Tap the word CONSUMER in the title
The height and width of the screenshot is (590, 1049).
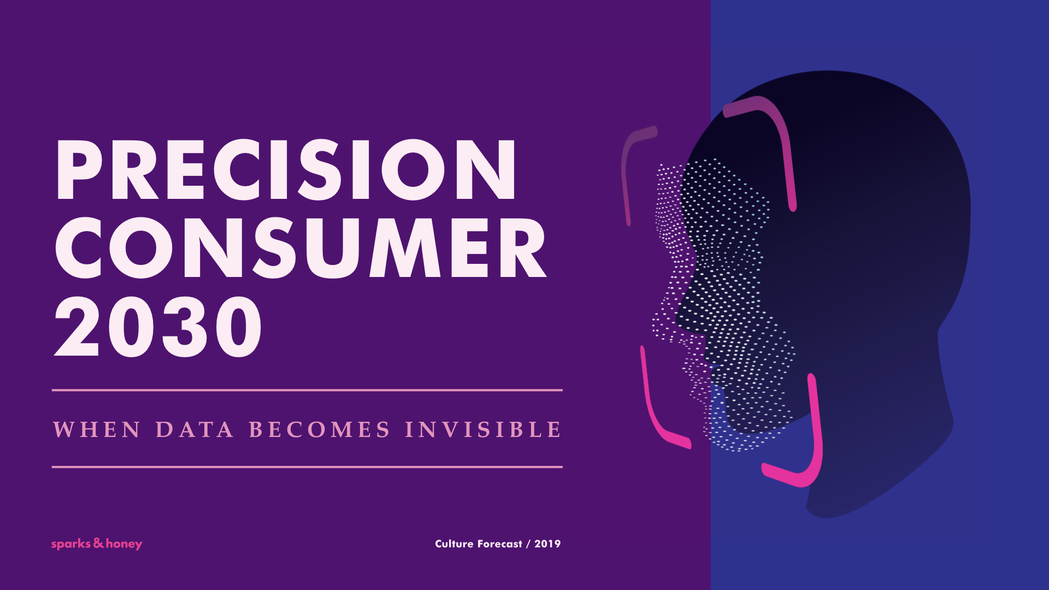click(300, 248)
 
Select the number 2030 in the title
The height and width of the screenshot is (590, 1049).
click(158, 327)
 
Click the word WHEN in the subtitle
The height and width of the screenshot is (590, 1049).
click(97, 429)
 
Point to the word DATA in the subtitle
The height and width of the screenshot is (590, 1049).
click(195, 429)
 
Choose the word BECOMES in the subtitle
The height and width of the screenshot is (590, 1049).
click(320, 429)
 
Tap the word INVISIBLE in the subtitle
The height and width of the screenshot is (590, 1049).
click(483, 429)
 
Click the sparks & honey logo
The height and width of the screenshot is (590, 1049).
click(97, 544)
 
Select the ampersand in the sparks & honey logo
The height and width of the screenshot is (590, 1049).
click(98, 542)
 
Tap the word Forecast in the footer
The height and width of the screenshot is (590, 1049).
click(500, 544)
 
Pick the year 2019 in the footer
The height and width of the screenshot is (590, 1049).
click(547, 544)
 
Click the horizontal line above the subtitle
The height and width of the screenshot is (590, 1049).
click(307, 390)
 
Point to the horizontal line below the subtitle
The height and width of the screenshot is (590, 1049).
click(307, 467)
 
